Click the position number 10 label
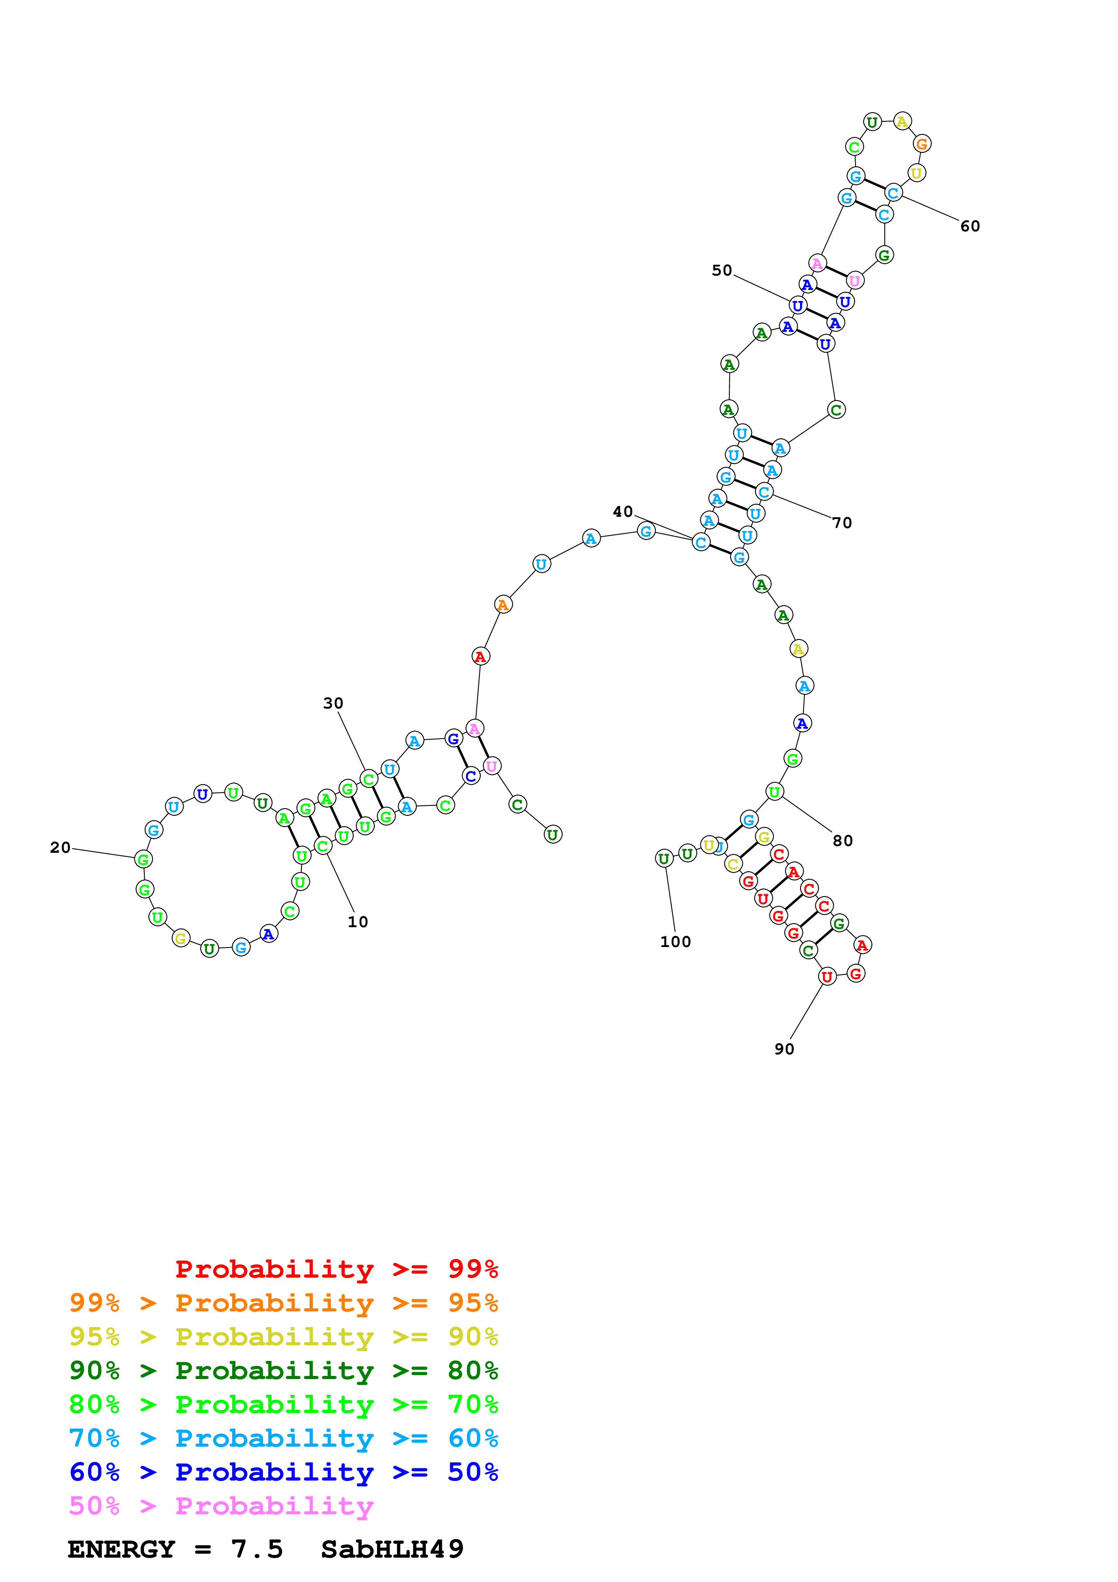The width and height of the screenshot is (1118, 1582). tap(358, 922)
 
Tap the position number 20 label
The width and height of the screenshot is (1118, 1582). tap(60, 847)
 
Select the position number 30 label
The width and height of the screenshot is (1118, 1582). tap(333, 703)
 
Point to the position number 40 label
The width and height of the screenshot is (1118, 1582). tap(623, 511)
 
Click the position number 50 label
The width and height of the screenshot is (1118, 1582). tap(722, 270)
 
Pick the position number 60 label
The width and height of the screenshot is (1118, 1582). tap(970, 226)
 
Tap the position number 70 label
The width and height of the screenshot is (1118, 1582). tap(842, 523)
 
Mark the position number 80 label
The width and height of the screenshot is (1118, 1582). tap(842, 841)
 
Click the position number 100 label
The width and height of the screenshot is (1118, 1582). tap(675, 942)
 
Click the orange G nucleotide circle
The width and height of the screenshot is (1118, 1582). tap(922, 143)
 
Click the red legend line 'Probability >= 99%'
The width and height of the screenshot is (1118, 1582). tap(336, 1269)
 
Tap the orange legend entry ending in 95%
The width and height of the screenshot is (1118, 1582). tap(283, 1303)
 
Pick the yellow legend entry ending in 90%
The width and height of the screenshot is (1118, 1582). tap(283, 1337)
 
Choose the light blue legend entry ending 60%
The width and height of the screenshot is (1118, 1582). tap(283, 1438)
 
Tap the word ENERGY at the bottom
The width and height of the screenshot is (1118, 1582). tap(121, 1549)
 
